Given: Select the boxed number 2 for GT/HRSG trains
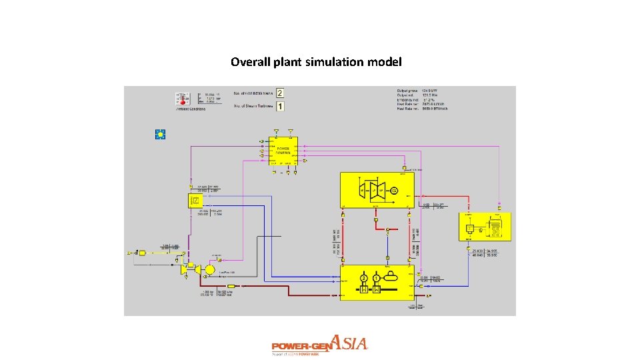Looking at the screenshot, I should [281, 93].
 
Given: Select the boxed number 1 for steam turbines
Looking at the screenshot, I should [281, 106].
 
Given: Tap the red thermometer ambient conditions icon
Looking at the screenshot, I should [182, 99].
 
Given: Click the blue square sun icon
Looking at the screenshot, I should [160, 134].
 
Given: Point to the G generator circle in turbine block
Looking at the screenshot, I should [395, 191].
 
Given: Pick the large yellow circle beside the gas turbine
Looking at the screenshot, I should [210, 269].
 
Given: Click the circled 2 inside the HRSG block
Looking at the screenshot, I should [364, 277].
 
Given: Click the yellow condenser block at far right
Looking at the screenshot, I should [486, 227].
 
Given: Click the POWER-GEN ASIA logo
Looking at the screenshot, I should [319, 345].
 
